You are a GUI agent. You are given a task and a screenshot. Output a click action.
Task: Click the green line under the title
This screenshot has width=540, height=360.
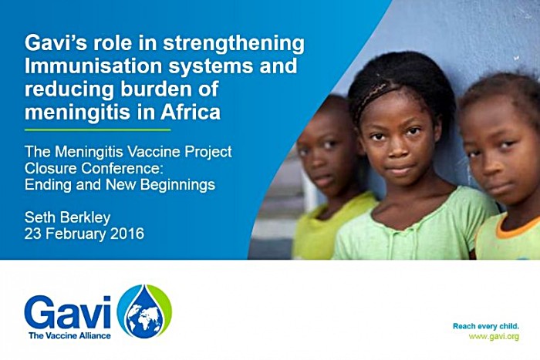pyautogui.click(x=97, y=130)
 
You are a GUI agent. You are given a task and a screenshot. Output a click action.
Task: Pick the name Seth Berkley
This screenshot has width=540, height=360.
pyautogui.click(x=68, y=217)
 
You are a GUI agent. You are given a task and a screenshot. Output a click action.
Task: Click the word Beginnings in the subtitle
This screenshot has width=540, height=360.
pyautogui.click(x=177, y=185)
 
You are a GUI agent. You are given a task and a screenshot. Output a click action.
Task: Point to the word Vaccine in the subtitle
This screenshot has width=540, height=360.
pyautogui.click(x=151, y=152)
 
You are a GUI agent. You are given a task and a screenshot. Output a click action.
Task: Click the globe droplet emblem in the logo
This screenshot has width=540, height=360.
pyautogui.click(x=145, y=311)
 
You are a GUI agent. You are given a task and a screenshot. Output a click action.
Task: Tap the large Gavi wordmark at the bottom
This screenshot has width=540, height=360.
pyautogui.click(x=68, y=312)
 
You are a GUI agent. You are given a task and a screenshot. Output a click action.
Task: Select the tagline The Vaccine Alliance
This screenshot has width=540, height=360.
pyautogui.click(x=69, y=335)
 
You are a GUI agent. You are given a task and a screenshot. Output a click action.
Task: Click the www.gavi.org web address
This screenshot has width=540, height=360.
pyautogui.click(x=494, y=337)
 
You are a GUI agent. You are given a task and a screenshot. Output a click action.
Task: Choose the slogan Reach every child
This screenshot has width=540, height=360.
pyautogui.click(x=485, y=326)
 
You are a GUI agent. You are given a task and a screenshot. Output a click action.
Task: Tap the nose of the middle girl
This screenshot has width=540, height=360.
pyautogui.click(x=398, y=148)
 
